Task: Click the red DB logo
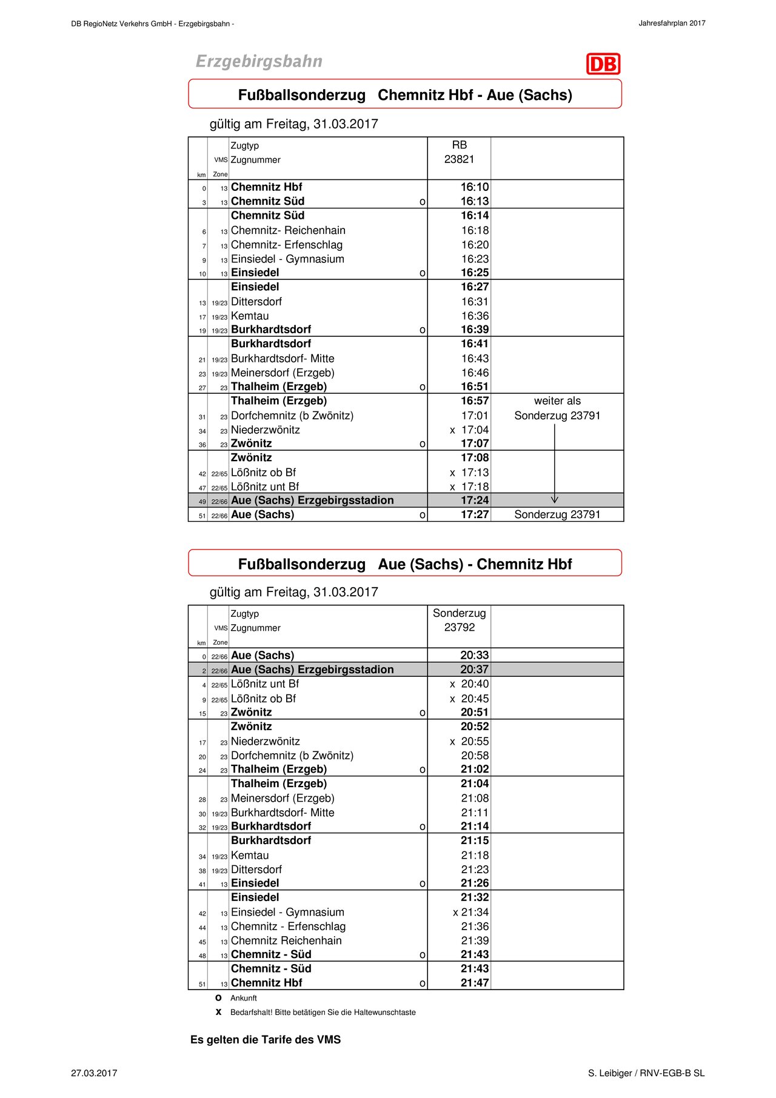(x=603, y=64)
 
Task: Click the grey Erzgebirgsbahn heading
(x=259, y=61)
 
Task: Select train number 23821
(x=459, y=159)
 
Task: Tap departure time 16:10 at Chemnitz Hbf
(x=474, y=187)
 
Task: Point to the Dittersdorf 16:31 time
(x=475, y=302)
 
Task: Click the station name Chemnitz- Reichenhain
(x=288, y=230)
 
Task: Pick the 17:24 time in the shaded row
(x=474, y=501)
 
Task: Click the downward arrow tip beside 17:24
(x=554, y=500)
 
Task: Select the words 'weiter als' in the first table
(x=557, y=401)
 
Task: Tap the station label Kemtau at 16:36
(x=250, y=316)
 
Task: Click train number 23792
(x=459, y=628)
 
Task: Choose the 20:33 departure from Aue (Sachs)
(x=474, y=656)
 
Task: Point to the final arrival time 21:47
(x=474, y=983)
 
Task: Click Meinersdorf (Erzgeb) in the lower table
(x=283, y=799)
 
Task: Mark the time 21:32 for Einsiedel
(x=474, y=897)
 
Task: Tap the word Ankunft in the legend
(x=244, y=998)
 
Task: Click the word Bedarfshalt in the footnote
(x=250, y=1013)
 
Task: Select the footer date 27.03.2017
(x=94, y=1073)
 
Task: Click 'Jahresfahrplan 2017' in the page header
(x=672, y=24)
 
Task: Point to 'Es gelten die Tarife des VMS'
(x=266, y=1040)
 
